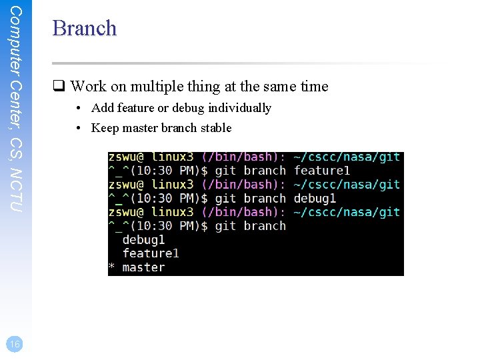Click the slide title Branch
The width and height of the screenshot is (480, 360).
click(84, 28)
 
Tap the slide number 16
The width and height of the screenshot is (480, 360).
click(15, 343)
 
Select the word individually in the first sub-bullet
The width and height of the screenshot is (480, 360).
click(239, 107)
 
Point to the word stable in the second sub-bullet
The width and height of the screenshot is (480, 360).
click(216, 127)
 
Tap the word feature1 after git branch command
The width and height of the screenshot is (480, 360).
click(322, 171)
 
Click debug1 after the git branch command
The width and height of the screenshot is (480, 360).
click(315, 198)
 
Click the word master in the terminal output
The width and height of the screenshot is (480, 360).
click(143, 267)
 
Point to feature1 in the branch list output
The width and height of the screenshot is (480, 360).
click(151, 253)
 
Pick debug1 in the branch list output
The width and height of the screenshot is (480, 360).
click(143, 239)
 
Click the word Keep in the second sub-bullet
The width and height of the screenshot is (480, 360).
click(104, 127)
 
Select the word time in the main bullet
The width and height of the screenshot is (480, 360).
click(315, 86)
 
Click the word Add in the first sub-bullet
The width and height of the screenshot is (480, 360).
click(103, 107)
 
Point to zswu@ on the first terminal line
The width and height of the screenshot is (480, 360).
click(127, 157)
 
